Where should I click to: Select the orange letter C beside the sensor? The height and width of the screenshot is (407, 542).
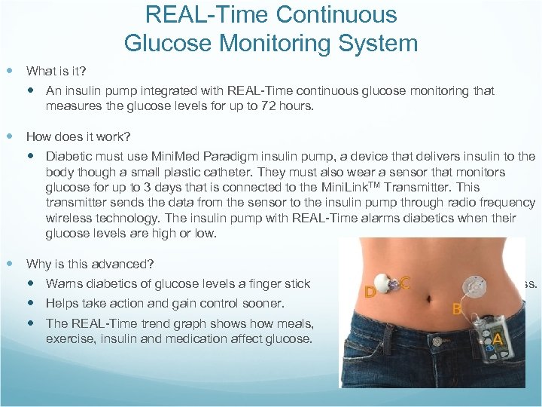click(x=405, y=283)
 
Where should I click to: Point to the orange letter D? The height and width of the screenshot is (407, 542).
click(x=370, y=291)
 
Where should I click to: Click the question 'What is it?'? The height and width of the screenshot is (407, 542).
click(x=56, y=72)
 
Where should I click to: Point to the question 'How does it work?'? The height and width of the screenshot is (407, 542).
click(x=78, y=137)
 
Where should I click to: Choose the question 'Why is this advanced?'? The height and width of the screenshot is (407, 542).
click(x=90, y=265)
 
